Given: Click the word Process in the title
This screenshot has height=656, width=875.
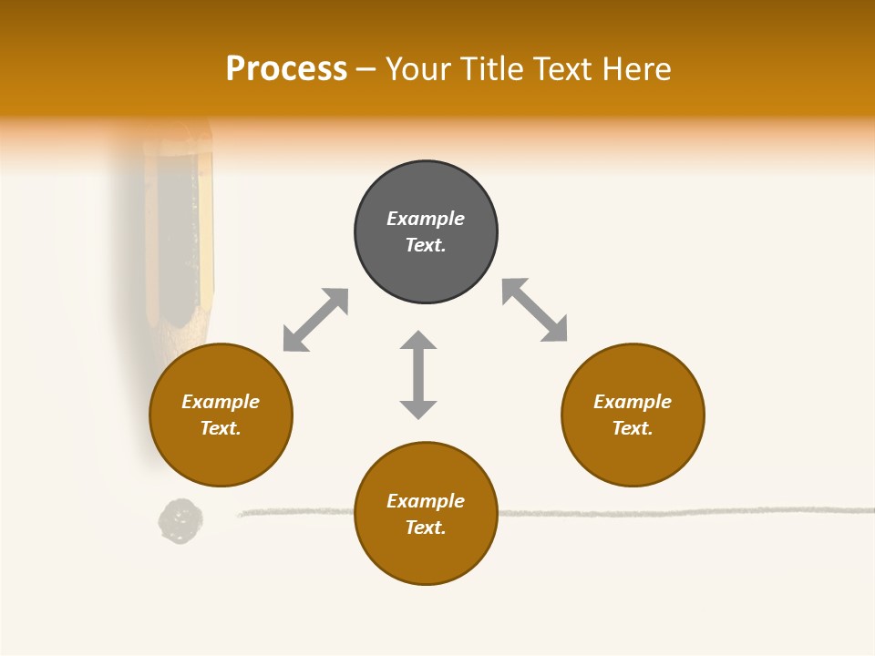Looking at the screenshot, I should (286, 69).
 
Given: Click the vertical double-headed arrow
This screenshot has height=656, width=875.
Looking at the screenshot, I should (418, 374).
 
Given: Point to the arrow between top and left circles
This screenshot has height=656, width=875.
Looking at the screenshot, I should (315, 320).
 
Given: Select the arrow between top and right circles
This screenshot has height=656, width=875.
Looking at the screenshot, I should (534, 310).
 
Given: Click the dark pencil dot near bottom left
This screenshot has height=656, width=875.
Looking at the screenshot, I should (180, 521).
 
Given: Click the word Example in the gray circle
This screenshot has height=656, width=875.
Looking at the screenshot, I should (426, 219).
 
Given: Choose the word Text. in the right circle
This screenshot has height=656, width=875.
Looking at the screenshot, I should (633, 428).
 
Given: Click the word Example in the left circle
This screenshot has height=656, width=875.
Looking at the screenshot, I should (221, 402).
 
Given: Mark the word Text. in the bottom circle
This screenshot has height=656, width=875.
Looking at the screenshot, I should (426, 528).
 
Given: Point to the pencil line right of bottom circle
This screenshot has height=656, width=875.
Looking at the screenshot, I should (684, 512).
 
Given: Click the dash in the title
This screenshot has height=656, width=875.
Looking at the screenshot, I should (365, 69).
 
